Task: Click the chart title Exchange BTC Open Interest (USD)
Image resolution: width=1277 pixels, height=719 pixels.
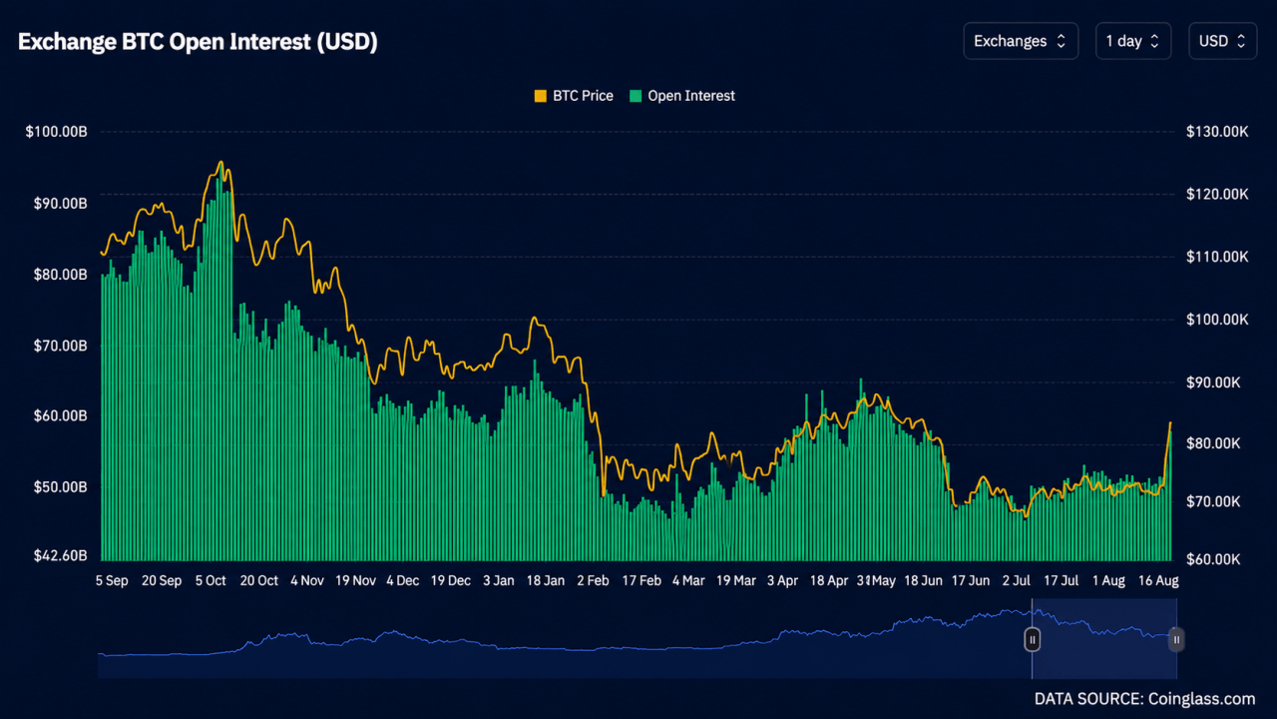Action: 198,42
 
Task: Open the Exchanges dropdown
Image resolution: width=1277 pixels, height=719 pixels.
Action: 1021,41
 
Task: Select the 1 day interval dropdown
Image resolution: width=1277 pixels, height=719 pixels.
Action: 1132,41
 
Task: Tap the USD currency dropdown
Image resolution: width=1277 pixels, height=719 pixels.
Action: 1222,41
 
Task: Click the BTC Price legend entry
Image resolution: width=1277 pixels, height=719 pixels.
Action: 574,96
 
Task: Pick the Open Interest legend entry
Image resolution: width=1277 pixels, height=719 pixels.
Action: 681,96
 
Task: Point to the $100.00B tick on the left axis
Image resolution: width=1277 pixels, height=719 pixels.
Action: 57,132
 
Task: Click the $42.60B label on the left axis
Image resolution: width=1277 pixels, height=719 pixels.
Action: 61,556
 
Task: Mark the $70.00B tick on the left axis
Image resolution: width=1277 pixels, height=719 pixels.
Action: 61,346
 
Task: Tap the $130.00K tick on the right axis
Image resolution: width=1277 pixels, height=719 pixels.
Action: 1217,132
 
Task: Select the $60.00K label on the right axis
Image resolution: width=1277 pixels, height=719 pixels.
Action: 1213,559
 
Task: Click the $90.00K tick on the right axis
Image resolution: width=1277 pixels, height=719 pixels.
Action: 1213,382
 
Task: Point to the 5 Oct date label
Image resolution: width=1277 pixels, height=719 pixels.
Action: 211,581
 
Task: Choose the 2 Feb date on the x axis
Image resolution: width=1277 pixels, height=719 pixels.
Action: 593,581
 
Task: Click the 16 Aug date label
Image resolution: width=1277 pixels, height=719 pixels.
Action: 1158,581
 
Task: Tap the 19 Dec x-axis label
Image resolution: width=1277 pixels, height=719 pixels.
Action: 450,581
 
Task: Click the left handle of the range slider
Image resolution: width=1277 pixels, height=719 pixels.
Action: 1032,640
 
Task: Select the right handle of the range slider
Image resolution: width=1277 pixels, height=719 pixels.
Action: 1176,640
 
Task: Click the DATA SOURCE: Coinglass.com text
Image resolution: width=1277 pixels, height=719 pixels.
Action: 1144,699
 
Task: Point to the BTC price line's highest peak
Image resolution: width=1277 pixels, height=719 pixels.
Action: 221,162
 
